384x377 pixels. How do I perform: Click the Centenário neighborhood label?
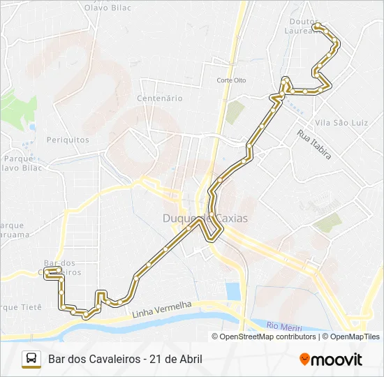pos(161,98)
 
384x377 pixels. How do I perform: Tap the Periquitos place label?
pos(68,140)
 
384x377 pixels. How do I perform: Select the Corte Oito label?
pos(231,80)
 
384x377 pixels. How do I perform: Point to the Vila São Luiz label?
pos(341,123)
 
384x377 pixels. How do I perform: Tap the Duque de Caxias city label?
pos(205,219)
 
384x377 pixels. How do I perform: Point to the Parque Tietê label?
pos(21,307)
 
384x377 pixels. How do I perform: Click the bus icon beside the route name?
pos(31,359)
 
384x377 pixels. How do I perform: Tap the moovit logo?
pos(331,360)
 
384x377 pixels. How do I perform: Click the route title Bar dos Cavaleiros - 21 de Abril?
pos(126,360)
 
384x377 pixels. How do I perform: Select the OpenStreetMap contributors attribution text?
pos(267,337)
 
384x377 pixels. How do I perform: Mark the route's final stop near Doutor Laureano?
pos(318,26)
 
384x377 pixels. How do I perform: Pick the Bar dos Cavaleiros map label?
pos(62,267)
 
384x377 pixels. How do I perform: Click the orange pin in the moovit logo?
pos(304,360)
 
